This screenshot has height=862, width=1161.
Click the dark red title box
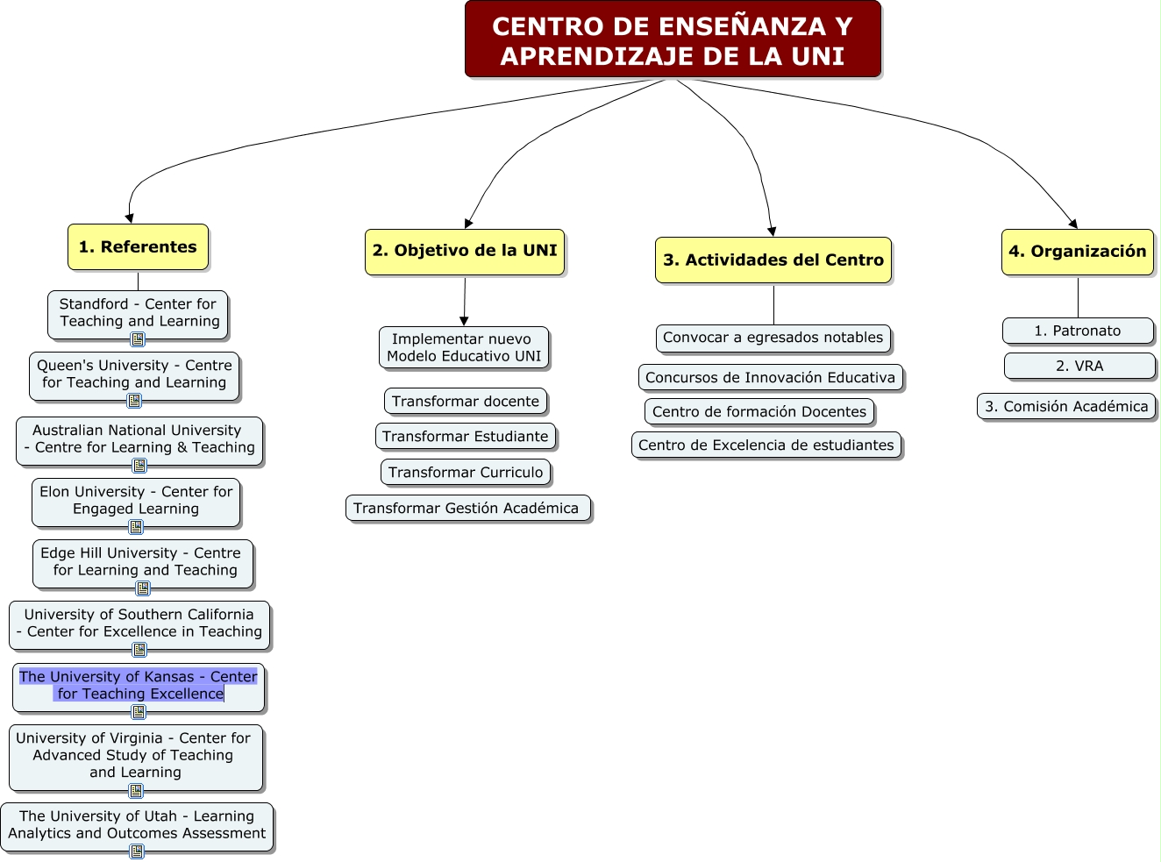[673, 39]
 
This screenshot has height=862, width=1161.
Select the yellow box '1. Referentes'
[138, 247]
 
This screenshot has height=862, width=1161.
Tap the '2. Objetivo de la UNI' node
[465, 252]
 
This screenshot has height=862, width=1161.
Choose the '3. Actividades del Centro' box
[773, 260]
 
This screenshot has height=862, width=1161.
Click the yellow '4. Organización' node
[1077, 252]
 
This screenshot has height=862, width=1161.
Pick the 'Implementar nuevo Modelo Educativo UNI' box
[464, 348]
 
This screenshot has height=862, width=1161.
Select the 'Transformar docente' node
[466, 402]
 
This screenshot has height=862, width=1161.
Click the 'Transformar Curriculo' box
[466, 473]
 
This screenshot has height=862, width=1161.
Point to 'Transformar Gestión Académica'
[467, 508]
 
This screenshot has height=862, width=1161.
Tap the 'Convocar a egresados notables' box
[773, 338]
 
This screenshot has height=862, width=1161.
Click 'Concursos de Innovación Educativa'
[770, 378]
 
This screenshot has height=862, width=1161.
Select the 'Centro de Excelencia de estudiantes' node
[766, 445]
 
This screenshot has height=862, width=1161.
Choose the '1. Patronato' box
[1077, 331]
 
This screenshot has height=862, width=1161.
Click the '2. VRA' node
[1079, 367]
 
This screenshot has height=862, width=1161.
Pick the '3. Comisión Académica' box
[1065, 407]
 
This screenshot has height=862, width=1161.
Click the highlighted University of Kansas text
[139, 685]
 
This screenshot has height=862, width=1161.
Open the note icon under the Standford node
[138, 339]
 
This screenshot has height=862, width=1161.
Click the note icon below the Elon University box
[136, 527]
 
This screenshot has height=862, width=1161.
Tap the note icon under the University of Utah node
[137, 851]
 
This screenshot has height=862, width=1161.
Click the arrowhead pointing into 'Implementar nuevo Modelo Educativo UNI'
[464, 321]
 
